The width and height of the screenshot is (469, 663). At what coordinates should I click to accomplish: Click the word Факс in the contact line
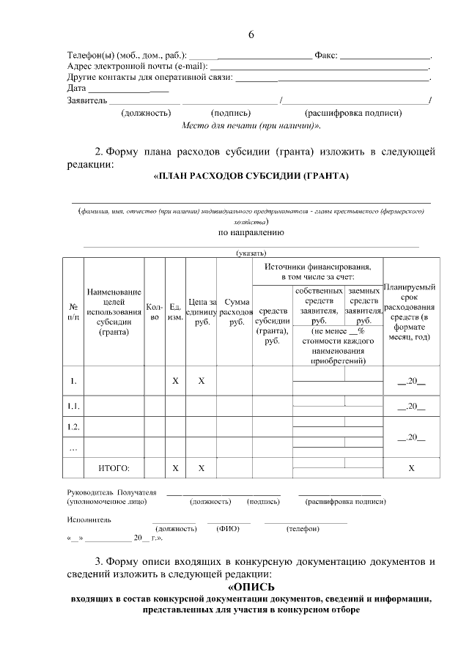325,56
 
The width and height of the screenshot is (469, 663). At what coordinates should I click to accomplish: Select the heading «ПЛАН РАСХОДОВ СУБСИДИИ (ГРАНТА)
251,176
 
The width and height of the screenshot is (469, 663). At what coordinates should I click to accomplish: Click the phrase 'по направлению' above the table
251,232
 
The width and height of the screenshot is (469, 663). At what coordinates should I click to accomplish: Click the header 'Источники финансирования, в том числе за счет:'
317,271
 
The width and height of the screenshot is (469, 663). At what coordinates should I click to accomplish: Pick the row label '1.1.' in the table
73,405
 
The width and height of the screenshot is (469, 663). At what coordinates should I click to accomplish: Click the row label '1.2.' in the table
73,426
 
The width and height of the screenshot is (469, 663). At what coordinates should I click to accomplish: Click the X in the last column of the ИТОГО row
411,467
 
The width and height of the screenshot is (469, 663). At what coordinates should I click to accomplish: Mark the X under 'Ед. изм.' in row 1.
175,381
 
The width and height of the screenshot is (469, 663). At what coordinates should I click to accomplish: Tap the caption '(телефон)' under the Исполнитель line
303,529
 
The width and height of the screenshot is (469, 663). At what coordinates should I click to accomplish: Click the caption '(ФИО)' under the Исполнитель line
228,529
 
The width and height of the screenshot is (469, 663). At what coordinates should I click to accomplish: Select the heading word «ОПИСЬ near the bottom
251,586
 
